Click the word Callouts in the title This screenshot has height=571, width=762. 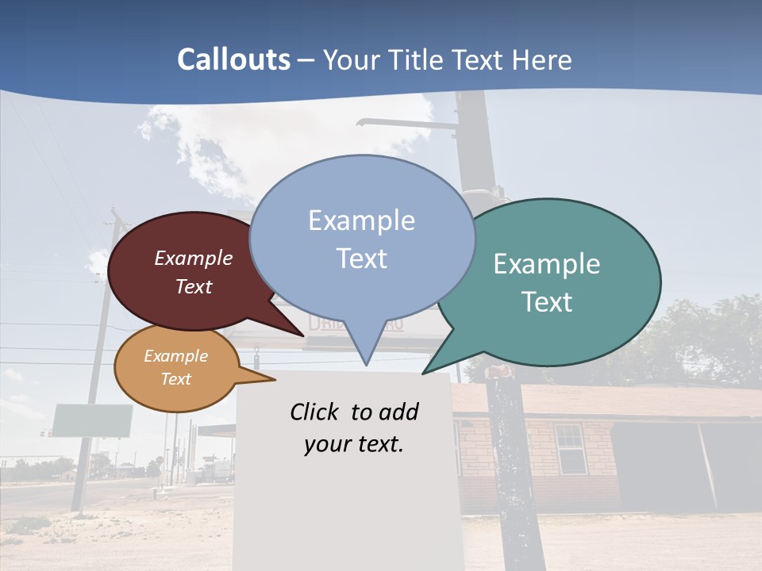coord(233,60)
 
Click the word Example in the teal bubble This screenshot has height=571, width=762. coord(547,264)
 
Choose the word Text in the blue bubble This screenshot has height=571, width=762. coord(362,259)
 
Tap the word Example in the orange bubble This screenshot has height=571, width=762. coord(176,356)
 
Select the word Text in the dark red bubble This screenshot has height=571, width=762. coord(194,286)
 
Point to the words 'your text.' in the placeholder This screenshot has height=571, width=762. coord(354,444)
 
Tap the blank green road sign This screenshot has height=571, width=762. coord(92,420)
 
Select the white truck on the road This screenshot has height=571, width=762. coord(218,469)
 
